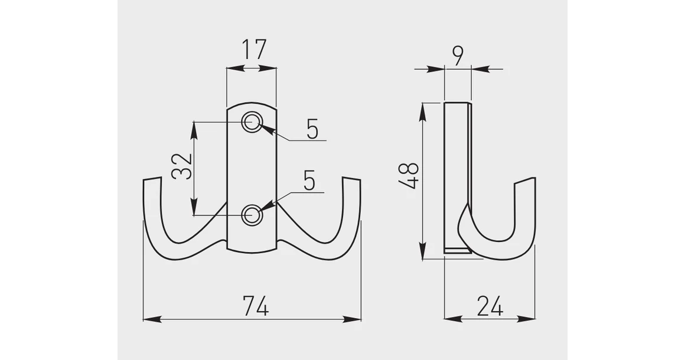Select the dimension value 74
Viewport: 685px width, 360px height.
(x=255, y=306)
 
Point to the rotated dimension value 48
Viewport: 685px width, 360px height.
(x=408, y=175)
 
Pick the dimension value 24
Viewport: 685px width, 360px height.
(x=490, y=306)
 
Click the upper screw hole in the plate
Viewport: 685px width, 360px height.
(x=253, y=123)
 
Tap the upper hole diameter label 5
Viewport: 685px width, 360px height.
(x=312, y=128)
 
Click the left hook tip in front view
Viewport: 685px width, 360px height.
(x=152, y=179)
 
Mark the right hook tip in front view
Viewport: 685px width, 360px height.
(x=352, y=179)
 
